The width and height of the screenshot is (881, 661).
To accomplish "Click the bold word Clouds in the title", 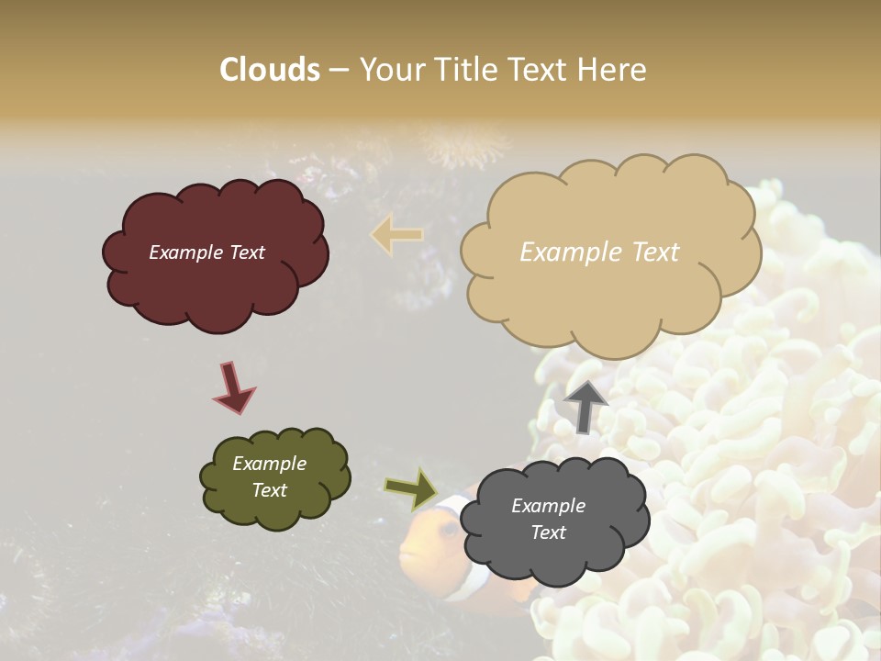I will [x=270, y=70].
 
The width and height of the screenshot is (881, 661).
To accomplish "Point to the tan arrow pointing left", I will [x=396, y=235].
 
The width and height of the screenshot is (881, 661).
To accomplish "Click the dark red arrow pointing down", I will [x=232, y=387].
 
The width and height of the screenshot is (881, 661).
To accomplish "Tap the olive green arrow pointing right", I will [x=411, y=488].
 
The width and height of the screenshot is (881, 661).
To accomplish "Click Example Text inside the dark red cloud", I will [x=206, y=252].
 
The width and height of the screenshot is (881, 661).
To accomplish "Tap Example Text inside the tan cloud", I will [x=599, y=252].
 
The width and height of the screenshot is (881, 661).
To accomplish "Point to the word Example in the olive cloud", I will [x=269, y=464].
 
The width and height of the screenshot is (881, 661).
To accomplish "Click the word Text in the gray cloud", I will [x=548, y=532].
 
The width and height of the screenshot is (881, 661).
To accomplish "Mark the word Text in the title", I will [x=542, y=70].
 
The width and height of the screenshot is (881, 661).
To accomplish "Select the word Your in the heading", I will [x=389, y=70].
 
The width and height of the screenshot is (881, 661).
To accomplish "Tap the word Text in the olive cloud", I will [x=269, y=490].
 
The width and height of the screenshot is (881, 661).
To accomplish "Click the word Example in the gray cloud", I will [x=548, y=506].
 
